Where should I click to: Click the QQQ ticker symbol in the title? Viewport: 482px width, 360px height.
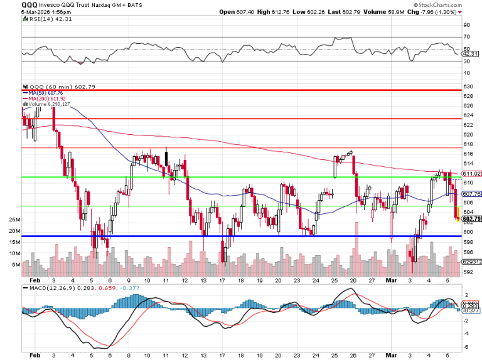pyautogui.click(x=29, y=4)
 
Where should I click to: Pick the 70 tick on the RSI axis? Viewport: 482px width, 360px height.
pyautogui.click(x=466, y=37)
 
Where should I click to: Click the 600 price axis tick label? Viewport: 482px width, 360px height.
pyautogui.click(x=468, y=231)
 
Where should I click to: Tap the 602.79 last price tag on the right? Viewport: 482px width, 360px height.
pyautogui.click(x=471, y=219)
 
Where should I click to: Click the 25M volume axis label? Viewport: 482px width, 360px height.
pyautogui.click(x=14, y=220)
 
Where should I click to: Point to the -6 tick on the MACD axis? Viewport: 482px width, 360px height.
pyautogui.click(x=466, y=347)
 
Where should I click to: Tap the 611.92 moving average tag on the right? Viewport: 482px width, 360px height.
pyautogui.click(x=471, y=174)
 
